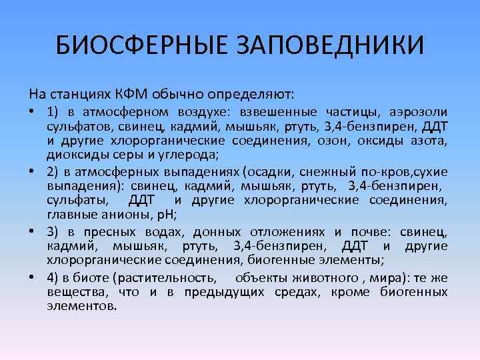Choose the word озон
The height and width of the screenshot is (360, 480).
coord(343,141)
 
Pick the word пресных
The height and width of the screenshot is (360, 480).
coord(107,232)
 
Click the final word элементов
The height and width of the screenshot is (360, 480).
coord(82,307)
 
